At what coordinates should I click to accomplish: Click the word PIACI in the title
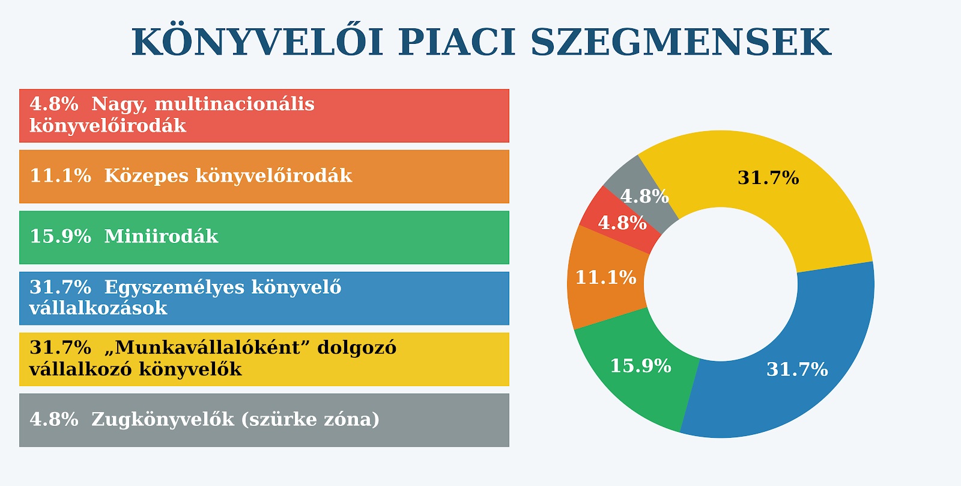[456, 42]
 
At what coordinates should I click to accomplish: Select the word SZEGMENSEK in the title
[681, 42]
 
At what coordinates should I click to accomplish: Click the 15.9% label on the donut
[640, 366]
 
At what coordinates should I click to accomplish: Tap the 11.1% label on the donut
[606, 278]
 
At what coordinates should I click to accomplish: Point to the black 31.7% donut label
[768, 178]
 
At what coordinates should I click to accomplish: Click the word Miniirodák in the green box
[162, 237]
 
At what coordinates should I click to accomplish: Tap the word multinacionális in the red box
[234, 104]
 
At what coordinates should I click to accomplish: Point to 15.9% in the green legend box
[61, 237]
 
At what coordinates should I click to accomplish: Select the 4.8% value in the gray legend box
[54, 419]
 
